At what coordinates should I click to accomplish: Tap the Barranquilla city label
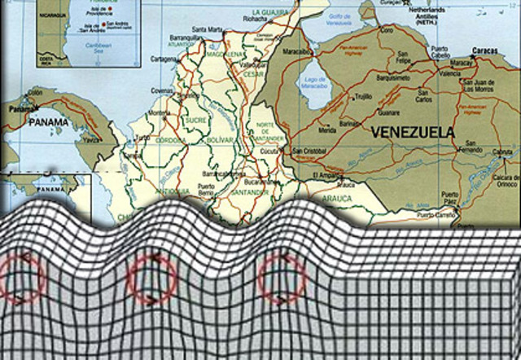[x=185, y=37]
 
